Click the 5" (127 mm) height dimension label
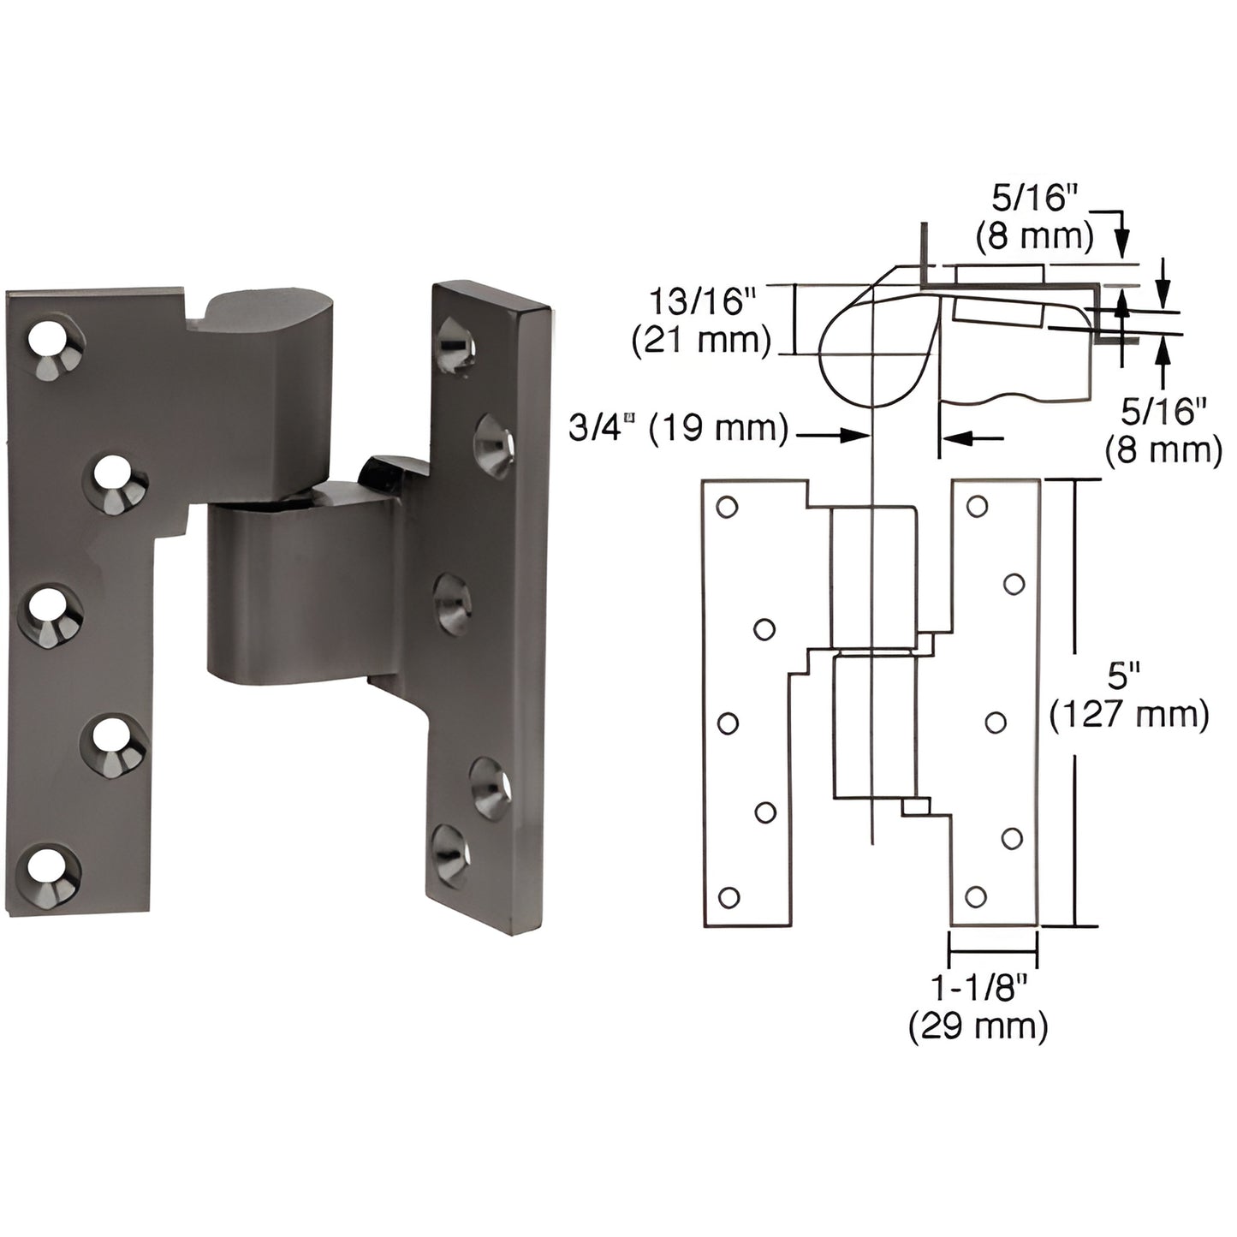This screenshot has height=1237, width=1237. coord(1129,697)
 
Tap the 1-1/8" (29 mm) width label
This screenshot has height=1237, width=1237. coord(978,1007)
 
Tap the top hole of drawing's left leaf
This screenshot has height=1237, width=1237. coord(727,508)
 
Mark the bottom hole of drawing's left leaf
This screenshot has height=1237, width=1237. coord(729,897)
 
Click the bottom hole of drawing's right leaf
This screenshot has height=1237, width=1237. coord(975,896)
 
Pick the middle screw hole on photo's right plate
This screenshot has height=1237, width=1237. coord(451,604)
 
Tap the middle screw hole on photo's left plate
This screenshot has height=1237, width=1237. coord(51,610)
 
